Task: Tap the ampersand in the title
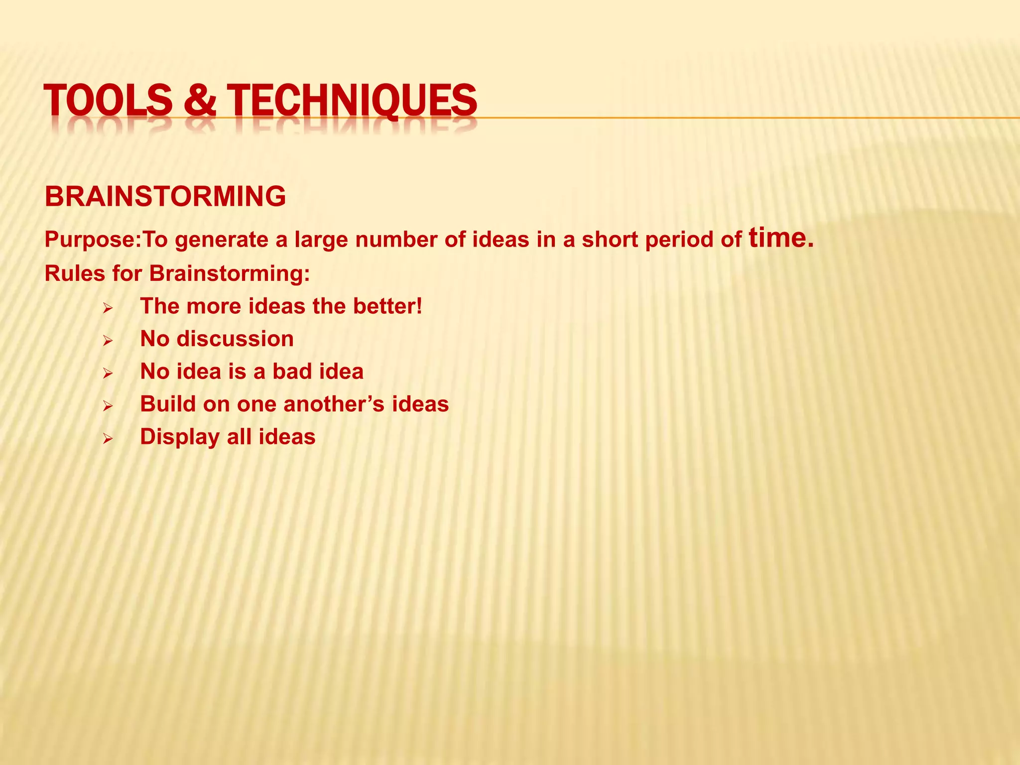pyautogui.click(x=200, y=100)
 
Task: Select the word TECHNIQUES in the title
pyautogui.click(x=352, y=100)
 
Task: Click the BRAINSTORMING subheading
pyautogui.click(x=165, y=196)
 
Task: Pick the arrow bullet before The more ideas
pyautogui.click(x=108, y=308)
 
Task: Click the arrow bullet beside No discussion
pyautogui.click(x=108, y=341)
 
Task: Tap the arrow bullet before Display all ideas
pyautogui.click(x=108, y=439)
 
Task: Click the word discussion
pyautogui.click(x=235, y=339)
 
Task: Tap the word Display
pyautogui.click(x=180, y=437)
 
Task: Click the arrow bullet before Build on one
pyautogui.click(x=108, y=406)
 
